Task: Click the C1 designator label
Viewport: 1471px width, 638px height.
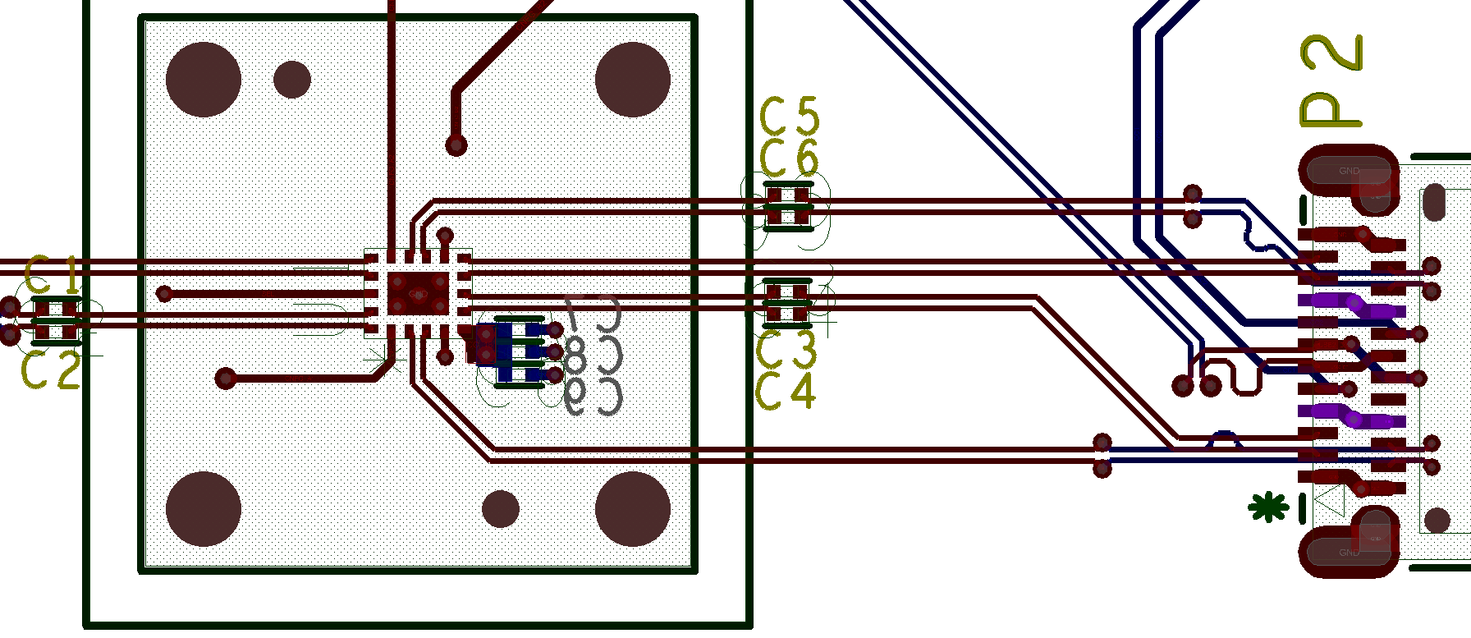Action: tap(52, 275)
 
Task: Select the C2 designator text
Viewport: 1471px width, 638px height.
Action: tap(51, 371)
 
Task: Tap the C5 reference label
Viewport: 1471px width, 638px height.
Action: tap(789, 117)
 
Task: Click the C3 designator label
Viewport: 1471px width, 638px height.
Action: tap(786, 350)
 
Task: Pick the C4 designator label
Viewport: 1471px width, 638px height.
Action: tap(786, 391)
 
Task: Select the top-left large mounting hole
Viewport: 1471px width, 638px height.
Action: tap(204, 80)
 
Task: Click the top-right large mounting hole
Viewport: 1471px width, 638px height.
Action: tap(633, 80)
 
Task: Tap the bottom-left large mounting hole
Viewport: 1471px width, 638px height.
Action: tap(204, 509)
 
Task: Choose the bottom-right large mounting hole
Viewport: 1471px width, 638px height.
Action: tap(633, 509)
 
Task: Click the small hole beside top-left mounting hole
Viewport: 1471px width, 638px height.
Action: tap(291, 79)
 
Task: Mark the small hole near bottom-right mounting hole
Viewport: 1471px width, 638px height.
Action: tap(500, 509)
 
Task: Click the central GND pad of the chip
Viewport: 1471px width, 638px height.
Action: tap(419, 293)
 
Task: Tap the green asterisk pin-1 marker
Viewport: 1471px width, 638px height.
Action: tap(1267, 507)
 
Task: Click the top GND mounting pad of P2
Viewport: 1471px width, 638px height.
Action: tap(1349, 172)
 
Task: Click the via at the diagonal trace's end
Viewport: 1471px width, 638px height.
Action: tap(456, 146)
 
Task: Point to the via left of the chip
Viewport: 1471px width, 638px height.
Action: tap(164, 293)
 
